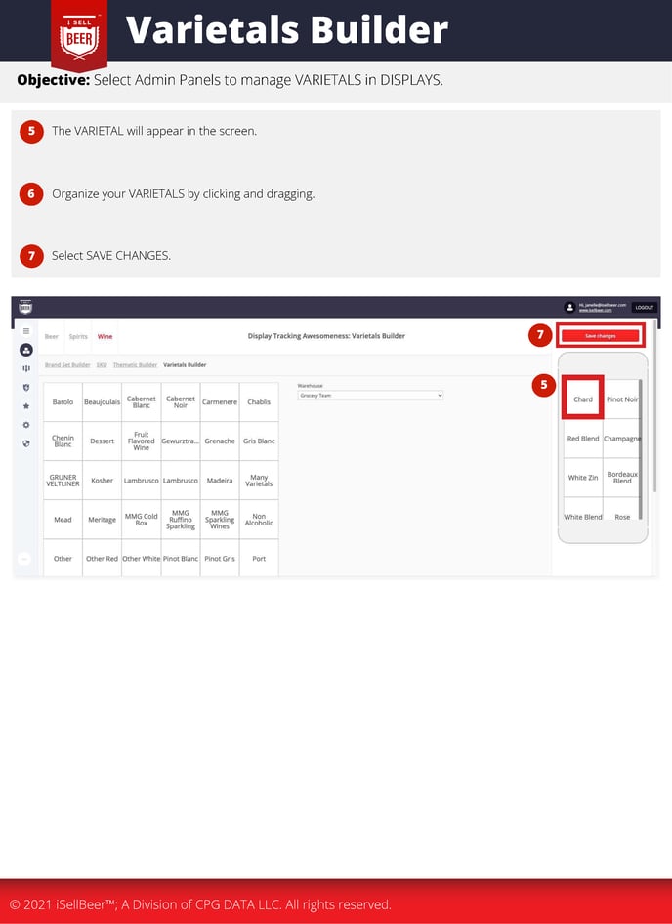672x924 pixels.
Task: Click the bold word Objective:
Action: pyautogui.click(x=53, y=80)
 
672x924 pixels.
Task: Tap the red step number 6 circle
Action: pyautogui.click(x=31, y=193)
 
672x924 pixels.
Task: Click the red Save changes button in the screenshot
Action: pyautogui.click(x=600, y=336)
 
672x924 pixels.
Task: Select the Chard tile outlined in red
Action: pyautogui.click(x=583, y=399)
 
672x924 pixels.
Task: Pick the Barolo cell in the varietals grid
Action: pyautogui.click(x=63, y=401)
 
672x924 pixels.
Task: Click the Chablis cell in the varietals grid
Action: pyautogui.click(x=259, y=401)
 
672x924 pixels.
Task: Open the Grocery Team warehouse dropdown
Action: pyautogui.click(x=370, y=395)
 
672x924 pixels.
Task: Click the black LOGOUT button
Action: pyautogui.click(x=644, y=307)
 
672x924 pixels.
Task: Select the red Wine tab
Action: pyautogui.click(x=105, y=336)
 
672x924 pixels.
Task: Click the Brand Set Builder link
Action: pyautogui.click(x=67, y=365)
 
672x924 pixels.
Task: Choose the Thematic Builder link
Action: pyautogui.click(x=135, y=365)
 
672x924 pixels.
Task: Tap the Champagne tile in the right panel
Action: pyautogui.click(x=622, y=439)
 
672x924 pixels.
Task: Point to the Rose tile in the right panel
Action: pyautogui.click(x=622, y=517)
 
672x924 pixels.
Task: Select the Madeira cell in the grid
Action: pyautogui.click(x=220, y=481)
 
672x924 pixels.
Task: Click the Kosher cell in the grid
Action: pyautogui.click(x=102, y=481)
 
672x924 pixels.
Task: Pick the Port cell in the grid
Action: pyautogui.click(x=259, y=559)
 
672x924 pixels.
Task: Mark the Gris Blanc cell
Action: pyautogui.click(x=259, y=441)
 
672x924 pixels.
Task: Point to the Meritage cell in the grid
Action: pyautogui.click(x=102, y=520)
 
